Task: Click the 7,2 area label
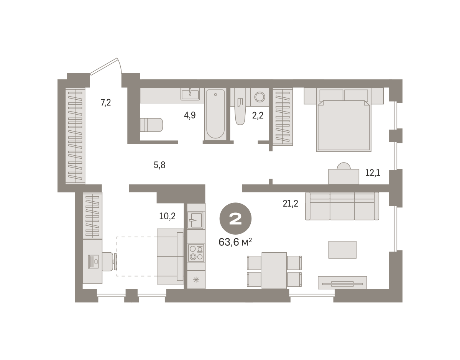[x=106, y=103]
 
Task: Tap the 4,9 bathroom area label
[x=190, y=115]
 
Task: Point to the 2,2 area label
[x=258, y=115]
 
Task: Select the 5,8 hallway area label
[x=159, y=165]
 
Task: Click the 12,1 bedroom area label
[x=373, y=173]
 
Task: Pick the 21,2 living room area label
[x=291, y=204]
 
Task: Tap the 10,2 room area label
[x=167, y=216]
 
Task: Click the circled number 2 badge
[x=235, y=219]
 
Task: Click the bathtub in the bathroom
[x=215, y=114]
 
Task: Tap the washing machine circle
[x=260, y=97]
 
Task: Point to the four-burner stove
[x=196, y=253]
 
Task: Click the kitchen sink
[x=195, y=220]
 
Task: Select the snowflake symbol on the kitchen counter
[x=196, y=280]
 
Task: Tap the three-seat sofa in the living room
[x=342, y=206]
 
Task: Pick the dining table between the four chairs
[x=274, y=270]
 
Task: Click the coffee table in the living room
[x=342, y=250]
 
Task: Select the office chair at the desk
[x=109, y=261]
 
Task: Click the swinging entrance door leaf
[x=104, y=66]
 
